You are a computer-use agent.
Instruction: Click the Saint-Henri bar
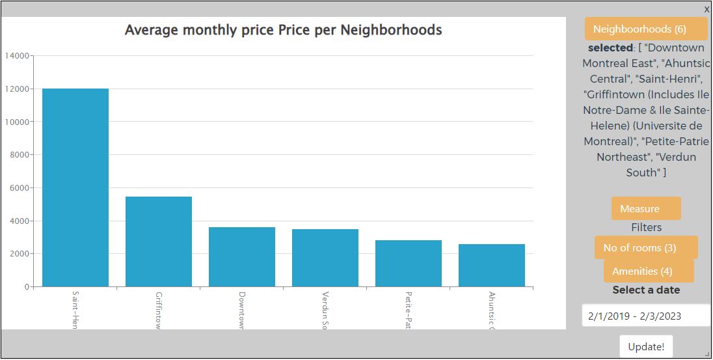[x=75, y=187]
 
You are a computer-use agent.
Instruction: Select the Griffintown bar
[x=159, y=242]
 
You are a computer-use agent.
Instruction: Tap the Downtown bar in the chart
[x=242, y=256]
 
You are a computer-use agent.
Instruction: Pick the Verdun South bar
[x=325, y=258]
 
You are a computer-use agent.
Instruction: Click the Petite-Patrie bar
[x=409, y=264]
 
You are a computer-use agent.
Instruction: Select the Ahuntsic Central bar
[x=492, y=266]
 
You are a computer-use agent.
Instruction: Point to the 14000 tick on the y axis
[x=17, y=56]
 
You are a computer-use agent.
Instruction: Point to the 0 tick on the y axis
[x=27, y=287]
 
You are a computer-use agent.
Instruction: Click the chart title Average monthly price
[x=283, y=30]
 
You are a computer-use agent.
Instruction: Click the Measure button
[x=645, y=209]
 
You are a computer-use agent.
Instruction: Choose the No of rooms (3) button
[x=645, y=248]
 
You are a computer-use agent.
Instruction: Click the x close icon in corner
[x=706, y=9]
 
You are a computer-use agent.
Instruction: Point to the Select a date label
[x=645, y=290]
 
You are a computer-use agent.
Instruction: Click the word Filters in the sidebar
[x=646, y=228]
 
